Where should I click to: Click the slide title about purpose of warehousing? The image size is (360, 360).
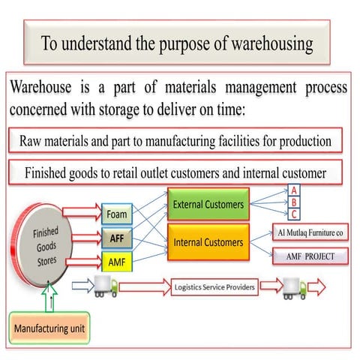pyautogui.click(x=177, y=43)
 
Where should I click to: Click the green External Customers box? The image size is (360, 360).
pyautogui.click(x=207, y=204)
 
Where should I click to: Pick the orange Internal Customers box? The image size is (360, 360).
pyautogui.click(x=207, y=242)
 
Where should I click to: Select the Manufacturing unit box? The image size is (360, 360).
pyautogui.click(x=49, y=328)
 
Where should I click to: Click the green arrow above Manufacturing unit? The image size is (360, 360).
pyautogui.click(x=50, y=296)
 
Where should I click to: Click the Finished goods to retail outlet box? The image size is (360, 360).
pyautogui.click(x=175, y=172)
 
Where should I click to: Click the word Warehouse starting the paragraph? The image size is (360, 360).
pyautogui.click(x=43, y=88)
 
